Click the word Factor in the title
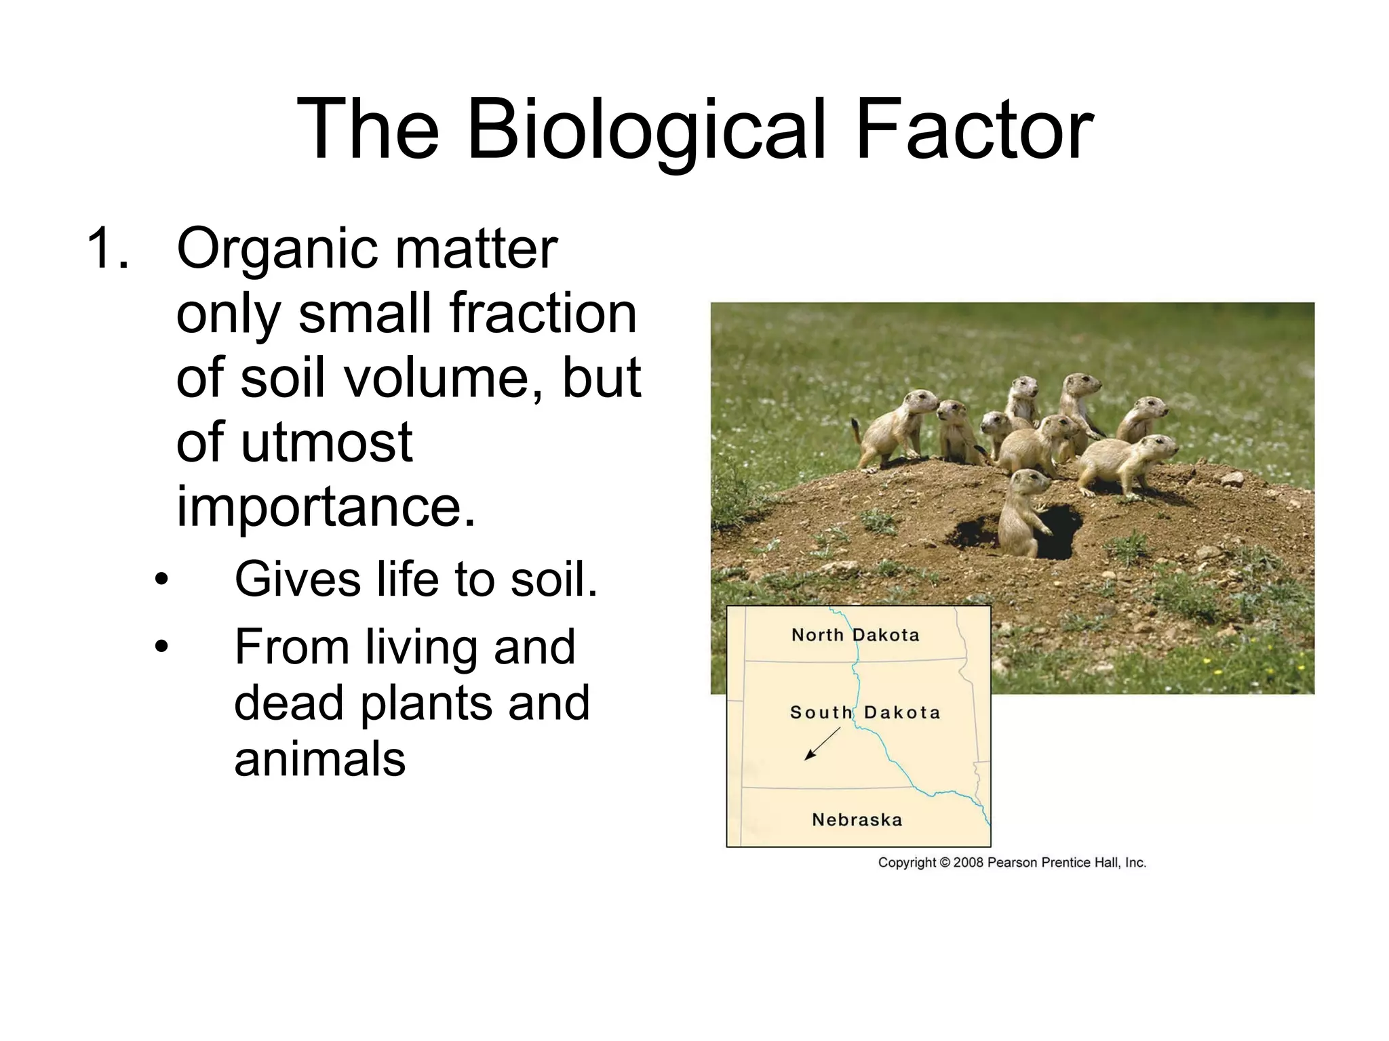point(974,130)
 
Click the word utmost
point(326,442)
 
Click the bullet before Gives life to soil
point(161,580)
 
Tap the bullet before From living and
point(161,647)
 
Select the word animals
point(319,758)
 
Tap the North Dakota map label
point(855,635)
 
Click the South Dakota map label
point(865,712)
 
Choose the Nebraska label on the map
point(857,820)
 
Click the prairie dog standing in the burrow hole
point(1023,512)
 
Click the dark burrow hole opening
point(1059,532)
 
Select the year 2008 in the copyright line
point(969,863)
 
